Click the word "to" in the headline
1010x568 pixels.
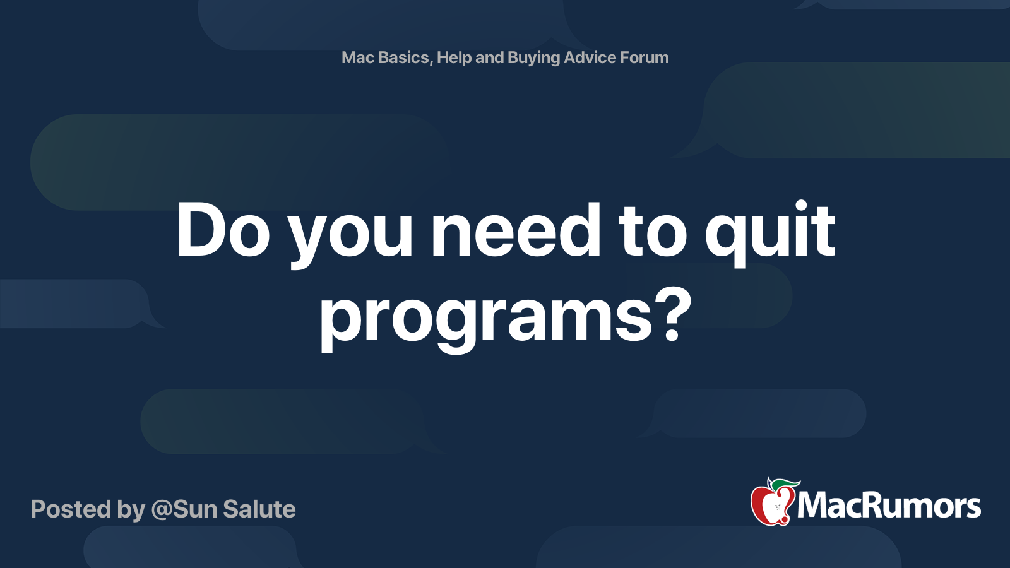pyautogui.click(x=652, y=232)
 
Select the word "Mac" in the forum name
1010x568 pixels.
pyautogui.click(x=358, y=57)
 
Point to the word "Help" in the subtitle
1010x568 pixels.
pyautogui.click(x=454, y=57)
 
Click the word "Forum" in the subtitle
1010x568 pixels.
pyautogui.click(x=644, y=57)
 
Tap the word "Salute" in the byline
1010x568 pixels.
pyautogui.click(x=259, y=509)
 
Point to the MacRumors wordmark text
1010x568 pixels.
pyautogui.click(x=889, y=506)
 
